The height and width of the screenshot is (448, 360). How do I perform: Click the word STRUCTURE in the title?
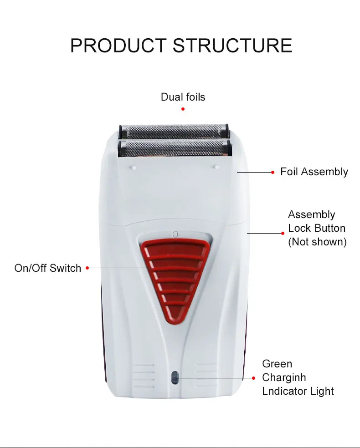pyautogui.click(x=233, y=46)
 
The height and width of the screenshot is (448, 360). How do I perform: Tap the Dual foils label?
pyautogui.click(x=183, y=97)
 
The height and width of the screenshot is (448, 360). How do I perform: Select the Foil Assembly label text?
pyautogui.click(x=314, y=172)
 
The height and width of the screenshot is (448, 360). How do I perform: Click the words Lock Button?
pyautogui.click(x=317, y=228)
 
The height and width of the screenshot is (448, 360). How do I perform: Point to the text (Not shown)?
pyautogui.click(x=317, y=242)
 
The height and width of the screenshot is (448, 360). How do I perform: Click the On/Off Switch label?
pyautogui.click(x=47, y=268)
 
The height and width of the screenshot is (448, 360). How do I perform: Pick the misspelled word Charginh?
pyautogui.click(x=284, y=377)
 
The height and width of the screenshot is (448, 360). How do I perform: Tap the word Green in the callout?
pyautogui.click(x=277, y=364)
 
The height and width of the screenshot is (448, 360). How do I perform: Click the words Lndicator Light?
pyautogui.click(x=298, y=391)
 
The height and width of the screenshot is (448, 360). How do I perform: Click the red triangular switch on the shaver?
pyautogui.click(x=175, y=278)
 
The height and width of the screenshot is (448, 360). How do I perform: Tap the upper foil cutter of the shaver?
pyautogui.click(x=173, y=131)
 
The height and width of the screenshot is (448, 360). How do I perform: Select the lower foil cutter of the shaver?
pyautogui.click(x=173, y=148)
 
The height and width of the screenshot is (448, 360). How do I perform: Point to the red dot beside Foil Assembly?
pyautogui.click(x=273, y=172)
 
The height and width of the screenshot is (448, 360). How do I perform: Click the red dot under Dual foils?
pyautogui.click(x=183, y=109)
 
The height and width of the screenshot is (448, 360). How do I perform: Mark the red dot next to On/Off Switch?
pyautogui.click(x=87, y=268)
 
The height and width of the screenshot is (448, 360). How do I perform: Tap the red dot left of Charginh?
pyautogui.click(x=254, y=377)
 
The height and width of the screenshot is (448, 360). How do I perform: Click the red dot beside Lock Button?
pyautogui.click(x=283, y=233)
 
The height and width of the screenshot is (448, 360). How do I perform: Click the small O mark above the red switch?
pyautogui.click(x=175, y=234)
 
